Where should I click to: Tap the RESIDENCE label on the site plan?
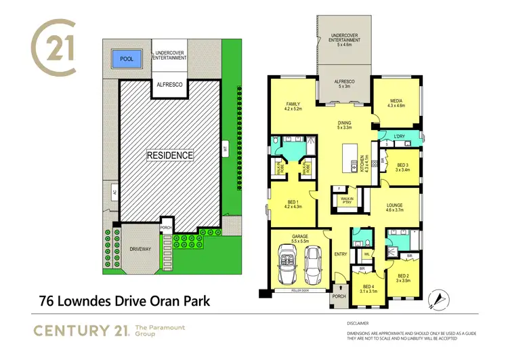171,155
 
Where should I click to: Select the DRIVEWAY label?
141,249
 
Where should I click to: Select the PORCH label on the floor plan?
337,297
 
